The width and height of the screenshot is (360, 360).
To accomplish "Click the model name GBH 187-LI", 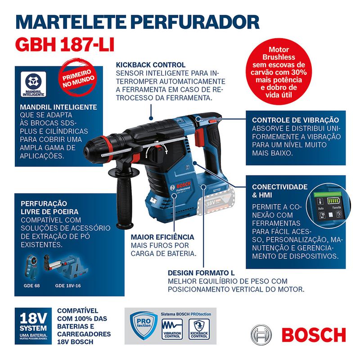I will (x=65, y=44).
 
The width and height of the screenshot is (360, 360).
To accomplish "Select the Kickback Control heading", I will (x=150, y=65).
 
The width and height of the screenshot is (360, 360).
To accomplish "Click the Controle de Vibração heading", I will (x=295, y=120).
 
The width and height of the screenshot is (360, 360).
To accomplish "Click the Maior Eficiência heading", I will (x=162, y=237).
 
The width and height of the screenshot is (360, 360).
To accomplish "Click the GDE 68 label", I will (x=31, y=285).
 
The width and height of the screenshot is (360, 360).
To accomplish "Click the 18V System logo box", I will (x=33, y=326).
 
